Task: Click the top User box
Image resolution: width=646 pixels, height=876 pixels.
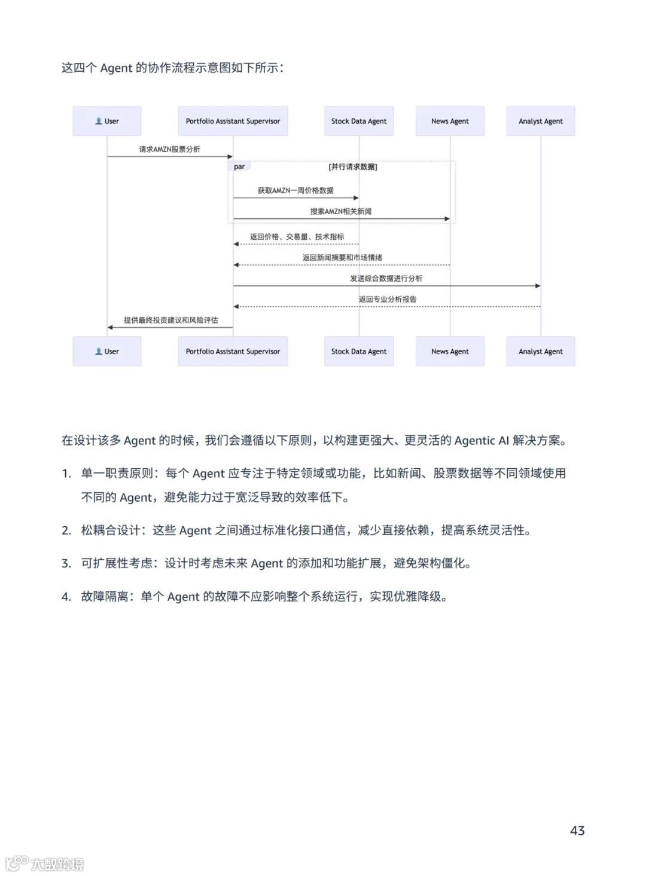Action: tap(107, 121)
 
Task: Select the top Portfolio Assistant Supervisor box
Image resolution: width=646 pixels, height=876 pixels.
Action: tap(233, 121)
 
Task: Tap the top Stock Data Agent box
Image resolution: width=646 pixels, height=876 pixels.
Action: tap(359, 121)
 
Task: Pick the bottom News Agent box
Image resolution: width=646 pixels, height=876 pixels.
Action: tap(450, 352)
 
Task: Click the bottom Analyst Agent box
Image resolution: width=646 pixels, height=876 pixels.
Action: tap(541, 352)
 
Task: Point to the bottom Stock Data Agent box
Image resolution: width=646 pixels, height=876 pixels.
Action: tap(359, 352)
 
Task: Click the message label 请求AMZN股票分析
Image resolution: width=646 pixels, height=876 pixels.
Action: tap(170, 149)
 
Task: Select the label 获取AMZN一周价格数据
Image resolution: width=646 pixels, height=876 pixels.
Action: tap(295, 191)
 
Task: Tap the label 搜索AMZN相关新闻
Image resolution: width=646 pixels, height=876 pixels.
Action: tap(341, 212)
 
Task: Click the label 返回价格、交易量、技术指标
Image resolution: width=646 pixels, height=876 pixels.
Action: tap(297, 237)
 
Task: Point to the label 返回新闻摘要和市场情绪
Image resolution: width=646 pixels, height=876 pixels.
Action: tap(342, 258)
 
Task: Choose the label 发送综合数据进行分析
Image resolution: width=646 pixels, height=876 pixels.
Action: tap(386, 279)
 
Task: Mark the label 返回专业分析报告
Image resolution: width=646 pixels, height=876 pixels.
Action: tap(388, 300)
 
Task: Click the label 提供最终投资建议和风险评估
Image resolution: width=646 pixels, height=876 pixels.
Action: tap(170, 321)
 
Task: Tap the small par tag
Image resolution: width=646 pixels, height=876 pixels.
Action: tap(239, 167)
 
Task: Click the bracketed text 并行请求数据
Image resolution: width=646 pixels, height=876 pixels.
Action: tap(353, 167)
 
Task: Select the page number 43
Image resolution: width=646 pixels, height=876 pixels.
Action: tap(577, 831)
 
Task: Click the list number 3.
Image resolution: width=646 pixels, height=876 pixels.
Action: tap(66, 563)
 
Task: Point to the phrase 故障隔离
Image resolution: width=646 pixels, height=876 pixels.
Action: tap(105, 596)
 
